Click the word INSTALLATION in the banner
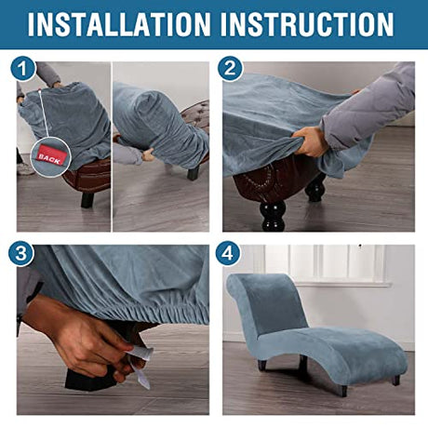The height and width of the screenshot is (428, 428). click(x=119, y=24)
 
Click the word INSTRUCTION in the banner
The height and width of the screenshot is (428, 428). click(x=307, y=24)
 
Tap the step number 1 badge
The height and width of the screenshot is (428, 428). click(x=23, y=69)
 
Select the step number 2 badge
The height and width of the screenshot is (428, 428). click(x=230, y=68)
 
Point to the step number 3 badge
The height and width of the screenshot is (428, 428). click(x=21, y=253)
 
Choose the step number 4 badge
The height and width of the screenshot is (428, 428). click(x=228, y=253)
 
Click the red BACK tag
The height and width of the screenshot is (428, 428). click(x=49, y=156)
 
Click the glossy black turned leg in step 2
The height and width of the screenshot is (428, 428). click(x=274, y=215)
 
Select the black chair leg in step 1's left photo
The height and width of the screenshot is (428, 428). click(x=87, y=200)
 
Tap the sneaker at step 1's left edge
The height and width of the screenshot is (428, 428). click(x=25, y=168)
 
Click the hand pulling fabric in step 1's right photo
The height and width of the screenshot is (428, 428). click(x=148, y=154)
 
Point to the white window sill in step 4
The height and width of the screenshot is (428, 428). click(x=342, y=284)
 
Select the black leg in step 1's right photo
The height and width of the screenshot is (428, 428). click(x=193, y=173)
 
